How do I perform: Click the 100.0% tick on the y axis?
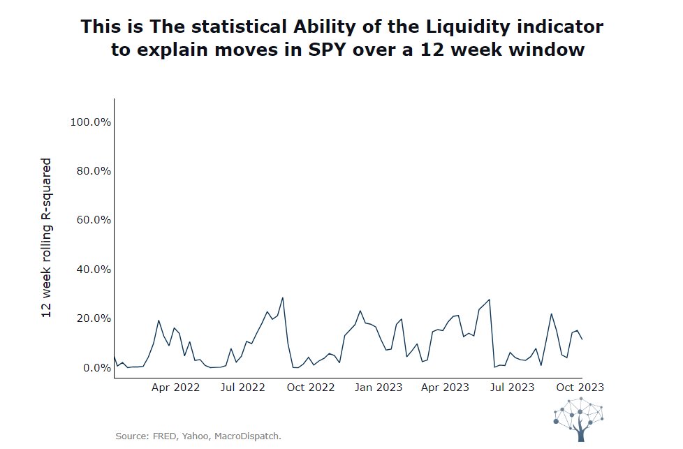(x=91, y=122)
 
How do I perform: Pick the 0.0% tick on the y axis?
(x=96, y=368)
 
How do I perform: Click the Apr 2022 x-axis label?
(x=175, y=387)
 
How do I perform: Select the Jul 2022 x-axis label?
(x=242, y=387)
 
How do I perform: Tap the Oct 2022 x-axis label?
(x=311, y=387)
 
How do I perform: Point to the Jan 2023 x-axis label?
(x=379, y=387)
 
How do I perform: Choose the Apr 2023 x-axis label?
(x=445, y=387)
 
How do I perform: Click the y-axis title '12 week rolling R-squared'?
(x=47, y=238)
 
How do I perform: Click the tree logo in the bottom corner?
(x=579, y=419)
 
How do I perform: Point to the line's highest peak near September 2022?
(x=283, y=298)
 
